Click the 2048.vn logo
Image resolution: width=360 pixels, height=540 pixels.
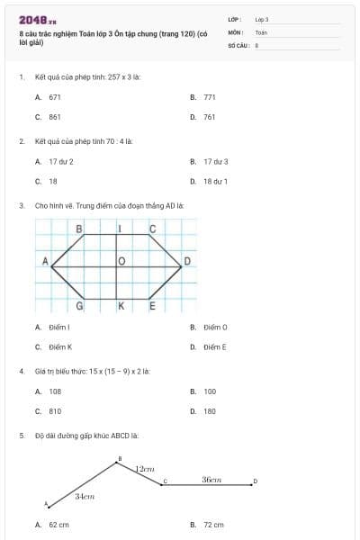(x=38, y=20)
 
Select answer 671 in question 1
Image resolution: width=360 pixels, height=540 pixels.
(x=55, y=95)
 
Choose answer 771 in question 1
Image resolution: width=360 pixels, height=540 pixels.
(x=210, y=95)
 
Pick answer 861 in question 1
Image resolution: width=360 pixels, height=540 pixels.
(x=55, y=117)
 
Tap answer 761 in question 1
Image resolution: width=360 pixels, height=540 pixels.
(x=210, y=117)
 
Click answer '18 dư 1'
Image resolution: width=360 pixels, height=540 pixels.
(x=215, y=181)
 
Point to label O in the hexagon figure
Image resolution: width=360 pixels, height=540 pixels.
(x=121, y=262)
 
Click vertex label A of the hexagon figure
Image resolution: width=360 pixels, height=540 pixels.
(x=44, y=261)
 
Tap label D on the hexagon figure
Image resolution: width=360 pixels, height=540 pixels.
(x=187, y=262)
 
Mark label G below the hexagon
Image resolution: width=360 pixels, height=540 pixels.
(x=80, y=307)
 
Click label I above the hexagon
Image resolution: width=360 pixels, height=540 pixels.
(x=121, y=229)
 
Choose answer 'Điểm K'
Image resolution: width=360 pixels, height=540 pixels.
(x=60, y=346)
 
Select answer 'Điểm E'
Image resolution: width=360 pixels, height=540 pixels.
(x=215, y=346)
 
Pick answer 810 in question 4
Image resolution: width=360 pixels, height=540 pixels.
(x=55, y=410)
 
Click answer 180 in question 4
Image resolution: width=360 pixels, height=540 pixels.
(x=210, y=410)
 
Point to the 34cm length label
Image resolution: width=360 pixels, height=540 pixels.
(x=85, y=496)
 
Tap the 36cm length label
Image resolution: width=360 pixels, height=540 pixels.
(x=212, y=480)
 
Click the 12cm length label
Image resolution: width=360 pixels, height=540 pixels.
(x=145, y=469)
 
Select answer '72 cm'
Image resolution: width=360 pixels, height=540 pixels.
(x=213, y=525)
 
